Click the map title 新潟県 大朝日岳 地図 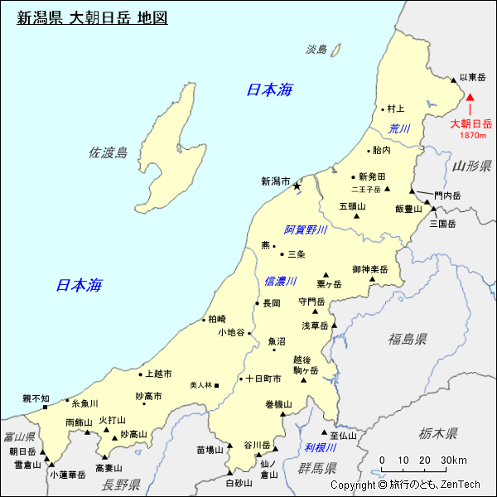(92, 17)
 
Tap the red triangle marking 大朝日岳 (470, 97)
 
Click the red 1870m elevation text (472, 135)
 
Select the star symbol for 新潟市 (296, 187)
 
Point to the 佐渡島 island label (109, 152)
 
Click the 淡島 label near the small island (316, 50)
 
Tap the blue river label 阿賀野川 (306, 229)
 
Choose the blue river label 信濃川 (280, 282)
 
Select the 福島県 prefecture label (408, 338)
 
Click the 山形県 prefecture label (473, 166)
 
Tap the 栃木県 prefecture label (438, 432)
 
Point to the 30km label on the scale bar (454, 461)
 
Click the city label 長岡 (272, 303)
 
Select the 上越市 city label (157, 374)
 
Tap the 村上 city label (396, 109)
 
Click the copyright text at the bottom (405, 485)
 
